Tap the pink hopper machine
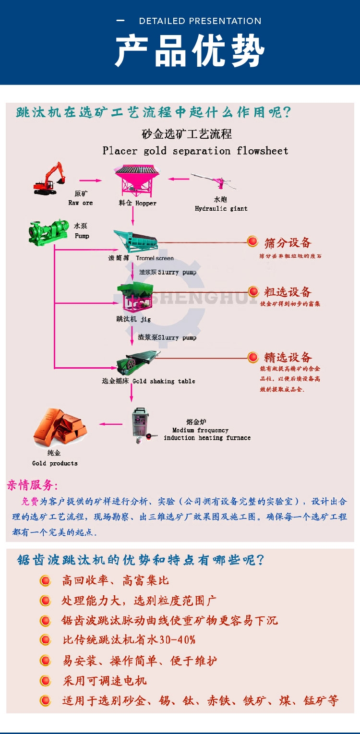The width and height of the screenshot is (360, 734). point(137,180)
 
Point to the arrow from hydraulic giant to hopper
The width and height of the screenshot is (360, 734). point(178,180)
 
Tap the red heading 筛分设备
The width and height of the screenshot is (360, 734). point(288,243)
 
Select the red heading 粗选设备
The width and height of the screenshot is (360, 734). point(288,292)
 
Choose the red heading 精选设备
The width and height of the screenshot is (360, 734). point(288,357)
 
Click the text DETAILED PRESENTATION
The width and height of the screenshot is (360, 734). point(200,21)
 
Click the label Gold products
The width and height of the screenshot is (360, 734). point(55,463)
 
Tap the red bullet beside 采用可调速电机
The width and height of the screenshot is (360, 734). point(45,681)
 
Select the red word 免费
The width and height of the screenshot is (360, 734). point(30,502)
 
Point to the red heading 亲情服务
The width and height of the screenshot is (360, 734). point(32,485)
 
